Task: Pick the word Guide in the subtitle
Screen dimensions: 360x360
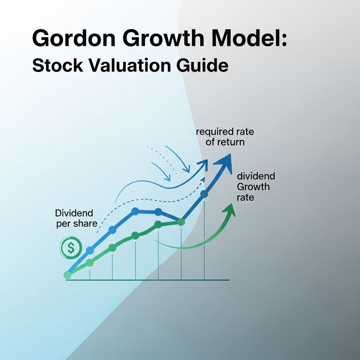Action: [206, 66]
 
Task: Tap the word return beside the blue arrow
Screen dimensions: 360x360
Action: [233, 143]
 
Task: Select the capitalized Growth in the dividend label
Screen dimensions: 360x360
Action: [253, 186]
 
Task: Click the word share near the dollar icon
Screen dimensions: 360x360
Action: [85, 224]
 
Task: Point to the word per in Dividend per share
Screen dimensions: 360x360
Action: [64, 224]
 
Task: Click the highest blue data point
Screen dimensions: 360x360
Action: [204, 193]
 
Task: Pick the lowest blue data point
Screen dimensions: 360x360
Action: [90, 250]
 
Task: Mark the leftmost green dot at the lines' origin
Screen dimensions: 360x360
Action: [67, 275]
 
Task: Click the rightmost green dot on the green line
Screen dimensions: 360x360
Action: [181, 222]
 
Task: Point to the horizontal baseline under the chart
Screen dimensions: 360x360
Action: [148, 280]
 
